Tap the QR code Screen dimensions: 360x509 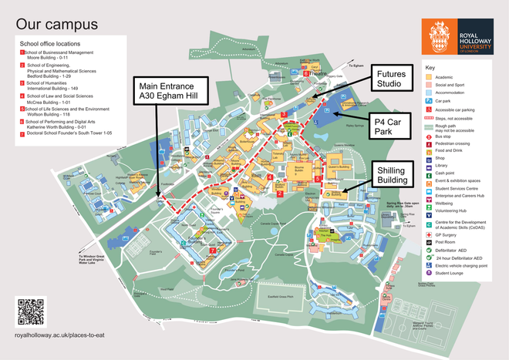coord(32,311)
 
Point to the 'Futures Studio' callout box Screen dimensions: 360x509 coord(393,79)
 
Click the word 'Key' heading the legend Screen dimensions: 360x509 coord(430,68)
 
